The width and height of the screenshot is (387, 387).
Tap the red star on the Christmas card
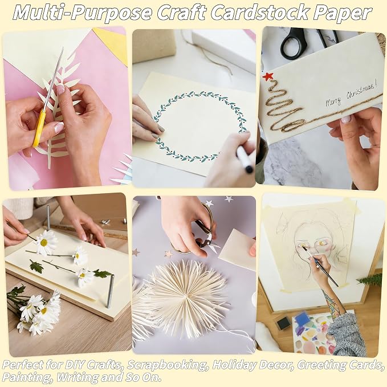(267, 76)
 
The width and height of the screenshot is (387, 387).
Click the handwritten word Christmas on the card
(361, 92)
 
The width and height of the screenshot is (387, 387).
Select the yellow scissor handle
(39, 128)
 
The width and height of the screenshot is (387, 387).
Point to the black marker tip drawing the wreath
(249, 169)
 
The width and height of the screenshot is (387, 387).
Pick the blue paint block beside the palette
(303, 318)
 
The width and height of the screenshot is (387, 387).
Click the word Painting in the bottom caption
(27, 378)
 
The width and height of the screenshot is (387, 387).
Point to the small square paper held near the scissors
(238, 249)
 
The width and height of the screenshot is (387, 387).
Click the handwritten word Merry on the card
(333, 101)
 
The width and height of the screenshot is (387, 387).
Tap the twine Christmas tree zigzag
(284, 109)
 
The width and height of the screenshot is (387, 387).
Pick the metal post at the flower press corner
(111, 291)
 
